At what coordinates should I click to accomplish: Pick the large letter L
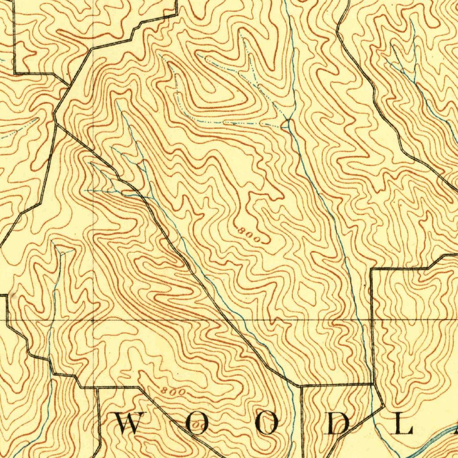[403, 424]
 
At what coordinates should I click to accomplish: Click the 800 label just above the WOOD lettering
[173, 391]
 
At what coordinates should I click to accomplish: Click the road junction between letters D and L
[384, 407]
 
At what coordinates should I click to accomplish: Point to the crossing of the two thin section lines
[93, 320]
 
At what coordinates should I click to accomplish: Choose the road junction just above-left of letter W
[98, 387]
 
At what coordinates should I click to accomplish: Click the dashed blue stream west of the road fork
[18, 130]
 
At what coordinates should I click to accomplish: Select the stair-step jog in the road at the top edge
[134, 30]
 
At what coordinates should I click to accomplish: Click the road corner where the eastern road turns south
[372, 270]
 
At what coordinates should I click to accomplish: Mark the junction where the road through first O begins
[139, 387]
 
